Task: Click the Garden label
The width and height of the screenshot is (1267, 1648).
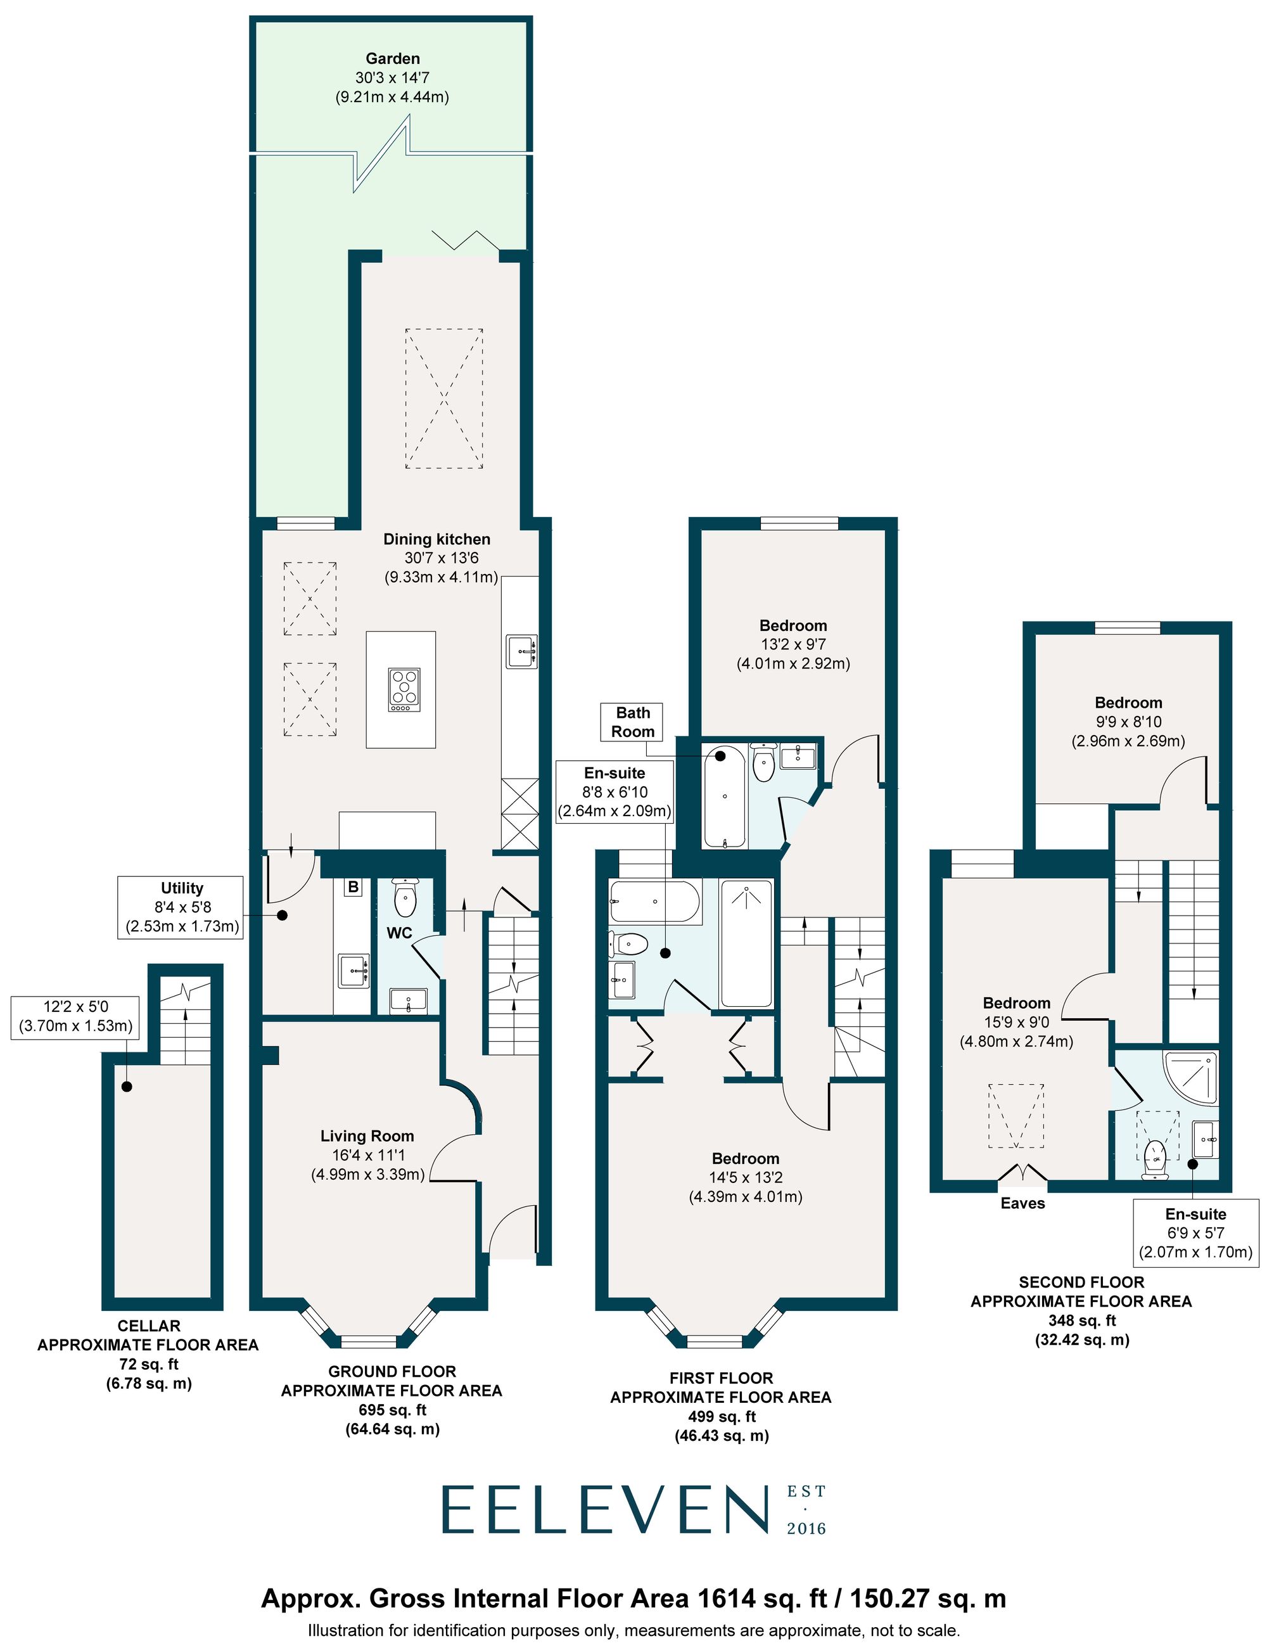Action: [x=392, y=59]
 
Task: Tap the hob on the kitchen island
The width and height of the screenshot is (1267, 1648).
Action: [x=404, y=689]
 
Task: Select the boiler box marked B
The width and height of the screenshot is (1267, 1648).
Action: [x=352, y=887]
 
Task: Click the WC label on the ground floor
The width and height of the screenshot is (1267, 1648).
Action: [x=399, y=933]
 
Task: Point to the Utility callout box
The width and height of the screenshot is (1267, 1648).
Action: [x=181, y=907]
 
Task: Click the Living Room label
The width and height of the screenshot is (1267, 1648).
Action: [x=367, y=1136]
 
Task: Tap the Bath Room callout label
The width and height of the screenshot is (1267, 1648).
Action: [x=632, y=722]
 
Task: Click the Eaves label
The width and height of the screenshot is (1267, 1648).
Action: [x=1022, y=1203]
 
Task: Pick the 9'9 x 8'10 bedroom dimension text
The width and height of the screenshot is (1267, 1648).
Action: [x=1128, y=722]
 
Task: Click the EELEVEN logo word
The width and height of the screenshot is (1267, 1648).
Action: [x=603, y=1510]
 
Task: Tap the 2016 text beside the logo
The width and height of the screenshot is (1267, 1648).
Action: [x=806, y=1530]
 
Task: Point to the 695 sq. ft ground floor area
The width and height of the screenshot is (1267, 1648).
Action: [x=392, y=1410]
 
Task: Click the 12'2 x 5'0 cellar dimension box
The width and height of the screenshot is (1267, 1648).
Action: [x=75, y=1016]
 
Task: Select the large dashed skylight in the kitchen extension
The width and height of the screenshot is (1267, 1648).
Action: [x=443, y=399]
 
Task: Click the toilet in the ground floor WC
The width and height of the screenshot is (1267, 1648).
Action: [x=405, y=898]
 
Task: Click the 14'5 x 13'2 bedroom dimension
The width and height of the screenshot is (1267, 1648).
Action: [x=745, y=1177]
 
